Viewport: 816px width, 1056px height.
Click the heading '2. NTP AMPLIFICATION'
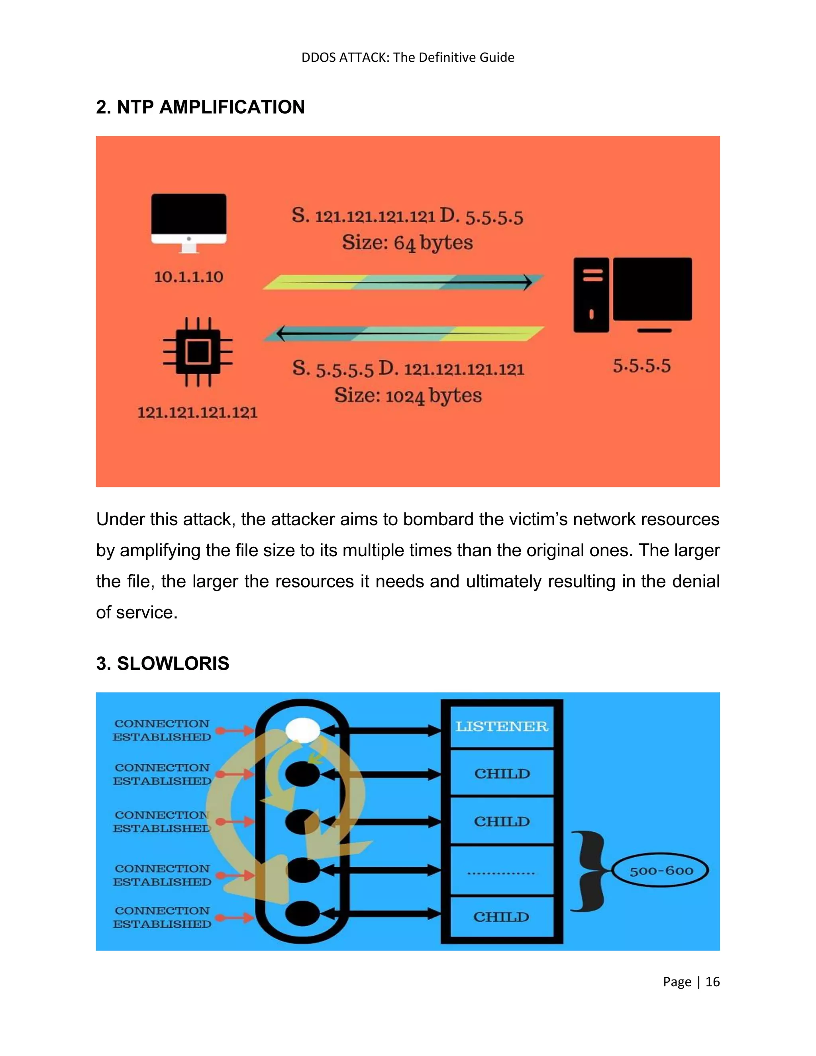tap(200, 107)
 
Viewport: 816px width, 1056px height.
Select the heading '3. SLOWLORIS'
tap(163, 663)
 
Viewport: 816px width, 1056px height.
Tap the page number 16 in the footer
tap(712, 981)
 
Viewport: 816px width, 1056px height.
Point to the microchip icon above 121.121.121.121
tap(198, 351)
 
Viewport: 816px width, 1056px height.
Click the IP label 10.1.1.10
tap(188, 277)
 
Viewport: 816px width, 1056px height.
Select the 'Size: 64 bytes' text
tap(407, 243)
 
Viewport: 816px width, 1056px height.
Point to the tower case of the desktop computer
tap(591, 295)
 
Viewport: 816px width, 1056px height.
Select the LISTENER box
tap(502, 726)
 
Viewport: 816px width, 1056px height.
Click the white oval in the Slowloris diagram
tap(303, 730)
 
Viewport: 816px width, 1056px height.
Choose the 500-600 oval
tap(661, 871)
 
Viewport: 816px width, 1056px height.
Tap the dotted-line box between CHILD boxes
tap(502, 871)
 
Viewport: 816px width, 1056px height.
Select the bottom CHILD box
tap(502, 917)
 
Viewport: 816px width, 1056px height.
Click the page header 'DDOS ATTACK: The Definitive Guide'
tap(408, 57)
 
